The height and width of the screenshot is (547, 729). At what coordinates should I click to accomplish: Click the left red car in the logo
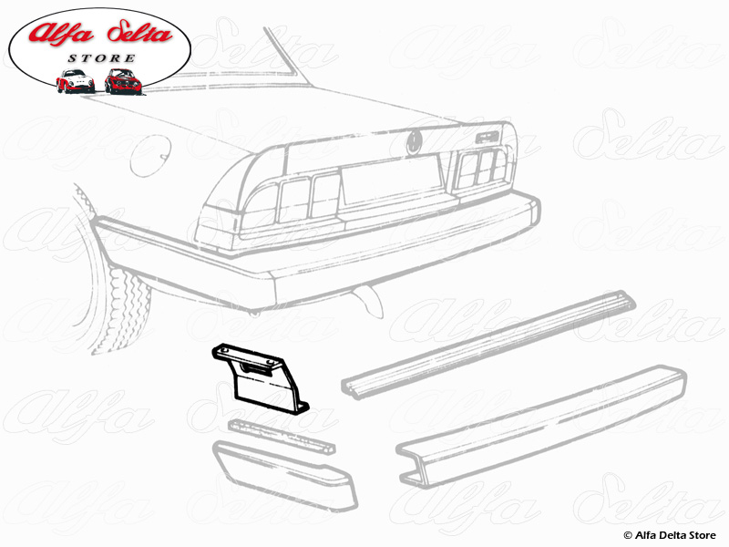pos(75,81)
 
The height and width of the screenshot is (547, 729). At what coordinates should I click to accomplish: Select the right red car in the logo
pos(121,80)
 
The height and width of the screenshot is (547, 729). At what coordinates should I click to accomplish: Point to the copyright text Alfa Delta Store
pos(671,534)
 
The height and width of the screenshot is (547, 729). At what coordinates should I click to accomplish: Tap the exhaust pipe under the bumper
pos(366,294)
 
